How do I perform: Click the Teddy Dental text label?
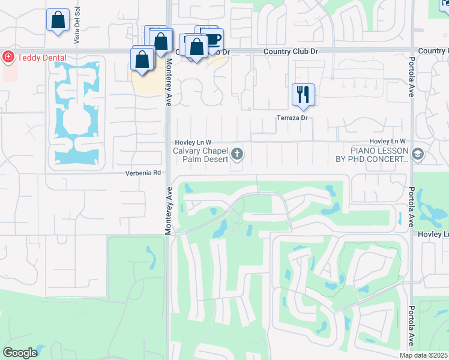click(41, 58)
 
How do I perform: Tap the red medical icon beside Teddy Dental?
click(8, 58)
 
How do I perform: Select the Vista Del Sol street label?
click(77, 29)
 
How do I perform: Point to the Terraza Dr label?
click(292, 118)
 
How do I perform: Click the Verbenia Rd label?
click(144, 173)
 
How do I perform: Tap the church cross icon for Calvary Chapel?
click(237, 155)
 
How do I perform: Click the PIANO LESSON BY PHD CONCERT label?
click(372, 155)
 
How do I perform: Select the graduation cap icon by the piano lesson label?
click(418, 155)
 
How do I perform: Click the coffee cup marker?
click(213, 39)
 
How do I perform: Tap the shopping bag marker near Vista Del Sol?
click(58, 20)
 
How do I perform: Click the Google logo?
click(20, 353)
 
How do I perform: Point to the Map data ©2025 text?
click(423, 355)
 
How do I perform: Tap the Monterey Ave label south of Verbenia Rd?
click(168, 209)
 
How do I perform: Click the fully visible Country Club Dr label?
click(291, 52)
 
